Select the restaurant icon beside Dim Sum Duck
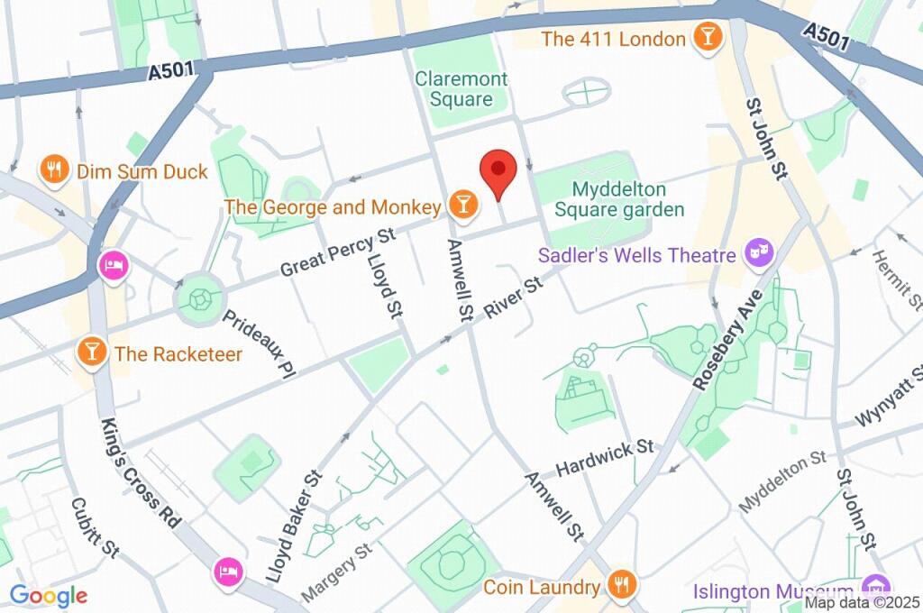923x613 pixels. click(x=56, y=169)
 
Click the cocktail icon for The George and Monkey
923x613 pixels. click(x=461, y=206)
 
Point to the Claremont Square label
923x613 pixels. click(x=461, y=89)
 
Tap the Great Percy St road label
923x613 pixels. click(x=338, y=252)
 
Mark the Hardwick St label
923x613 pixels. click(x=605, y=457)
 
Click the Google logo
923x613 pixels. click(x=49, y=594)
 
